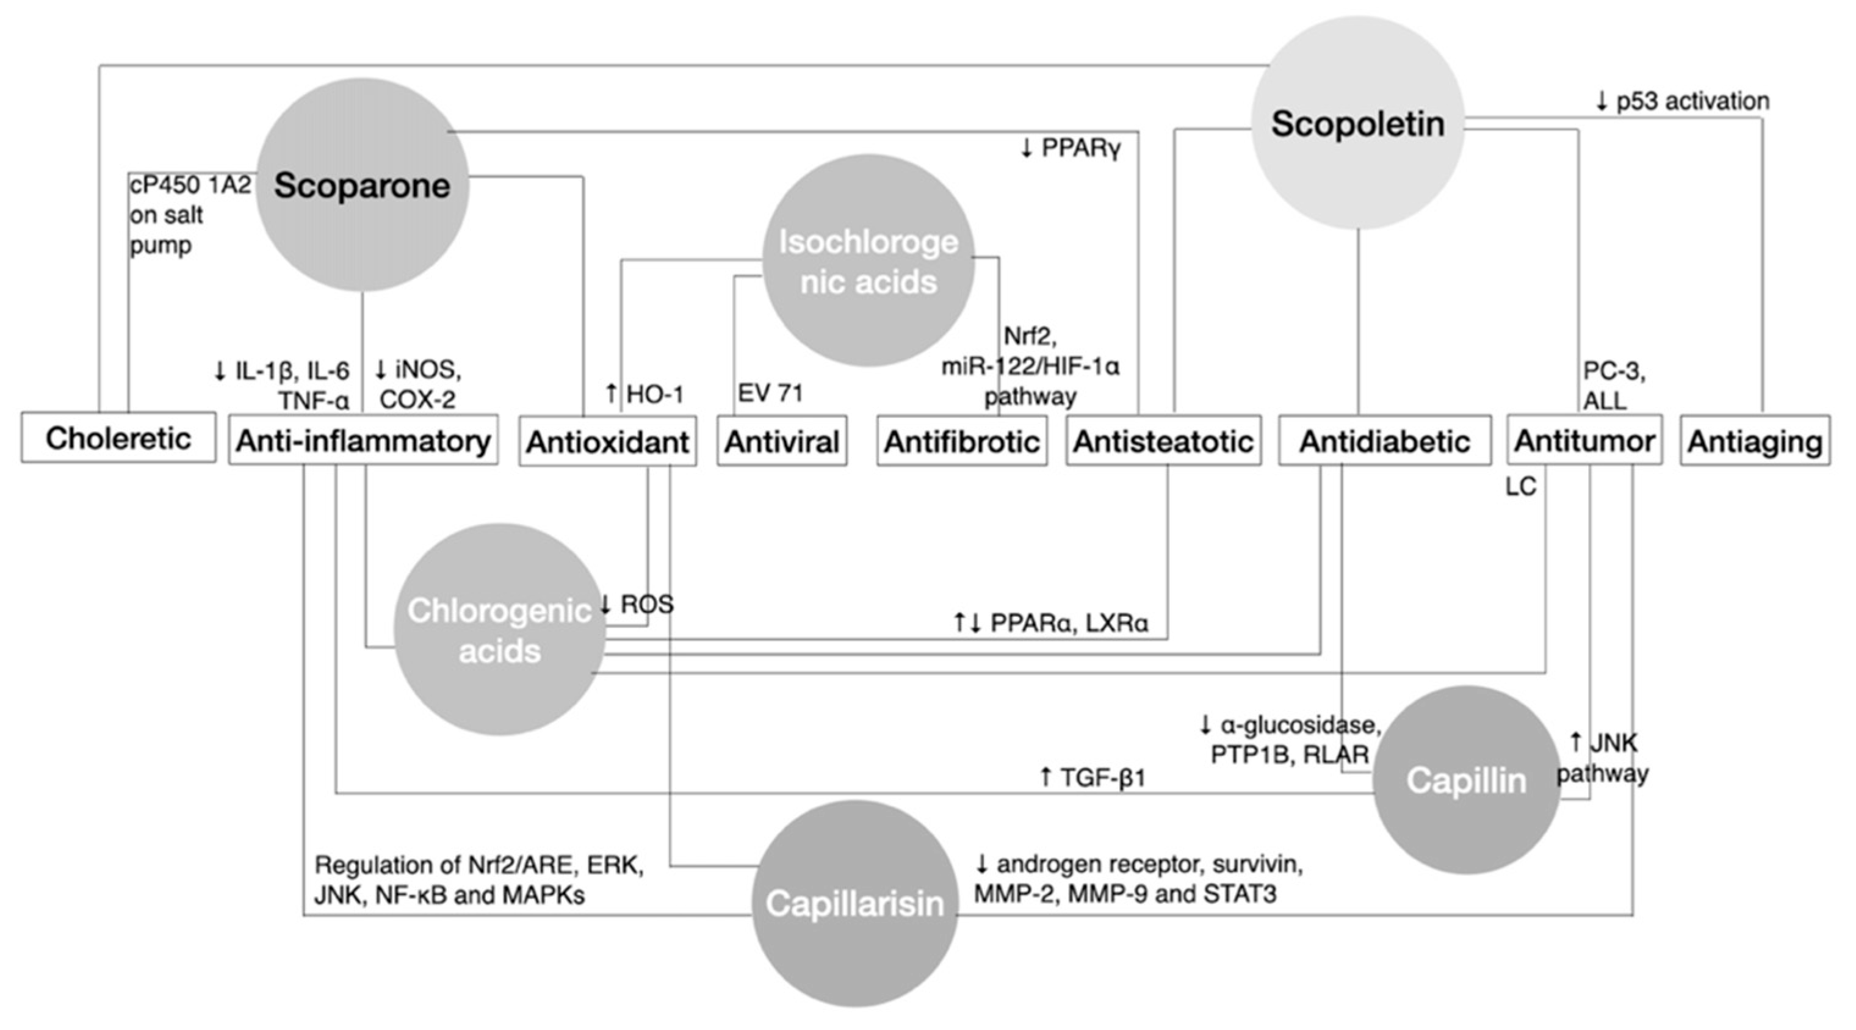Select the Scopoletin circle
tap(1357, 124)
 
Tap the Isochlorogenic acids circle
tap(868, 261)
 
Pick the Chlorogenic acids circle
tap(499, 630)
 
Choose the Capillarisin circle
tap(854, 903)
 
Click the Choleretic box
tap(118, 438)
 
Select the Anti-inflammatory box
tap(363, 440)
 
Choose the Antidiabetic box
tap(1384, 441)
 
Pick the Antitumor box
tap(1584, 440)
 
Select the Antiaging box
tap(1755, 441)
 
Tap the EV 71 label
tap(770, 394)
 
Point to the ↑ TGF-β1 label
tap(1092, 777)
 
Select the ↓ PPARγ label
tap(1071, 148)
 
